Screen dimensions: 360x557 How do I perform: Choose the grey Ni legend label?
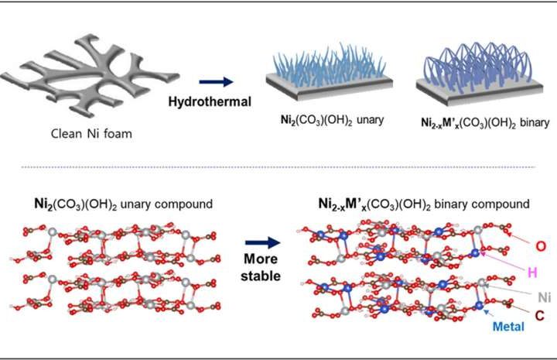[x=523, y=295]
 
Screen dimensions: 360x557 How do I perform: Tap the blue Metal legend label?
[x=506, y=327]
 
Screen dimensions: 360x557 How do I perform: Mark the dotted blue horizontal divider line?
[x=278, y=167]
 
